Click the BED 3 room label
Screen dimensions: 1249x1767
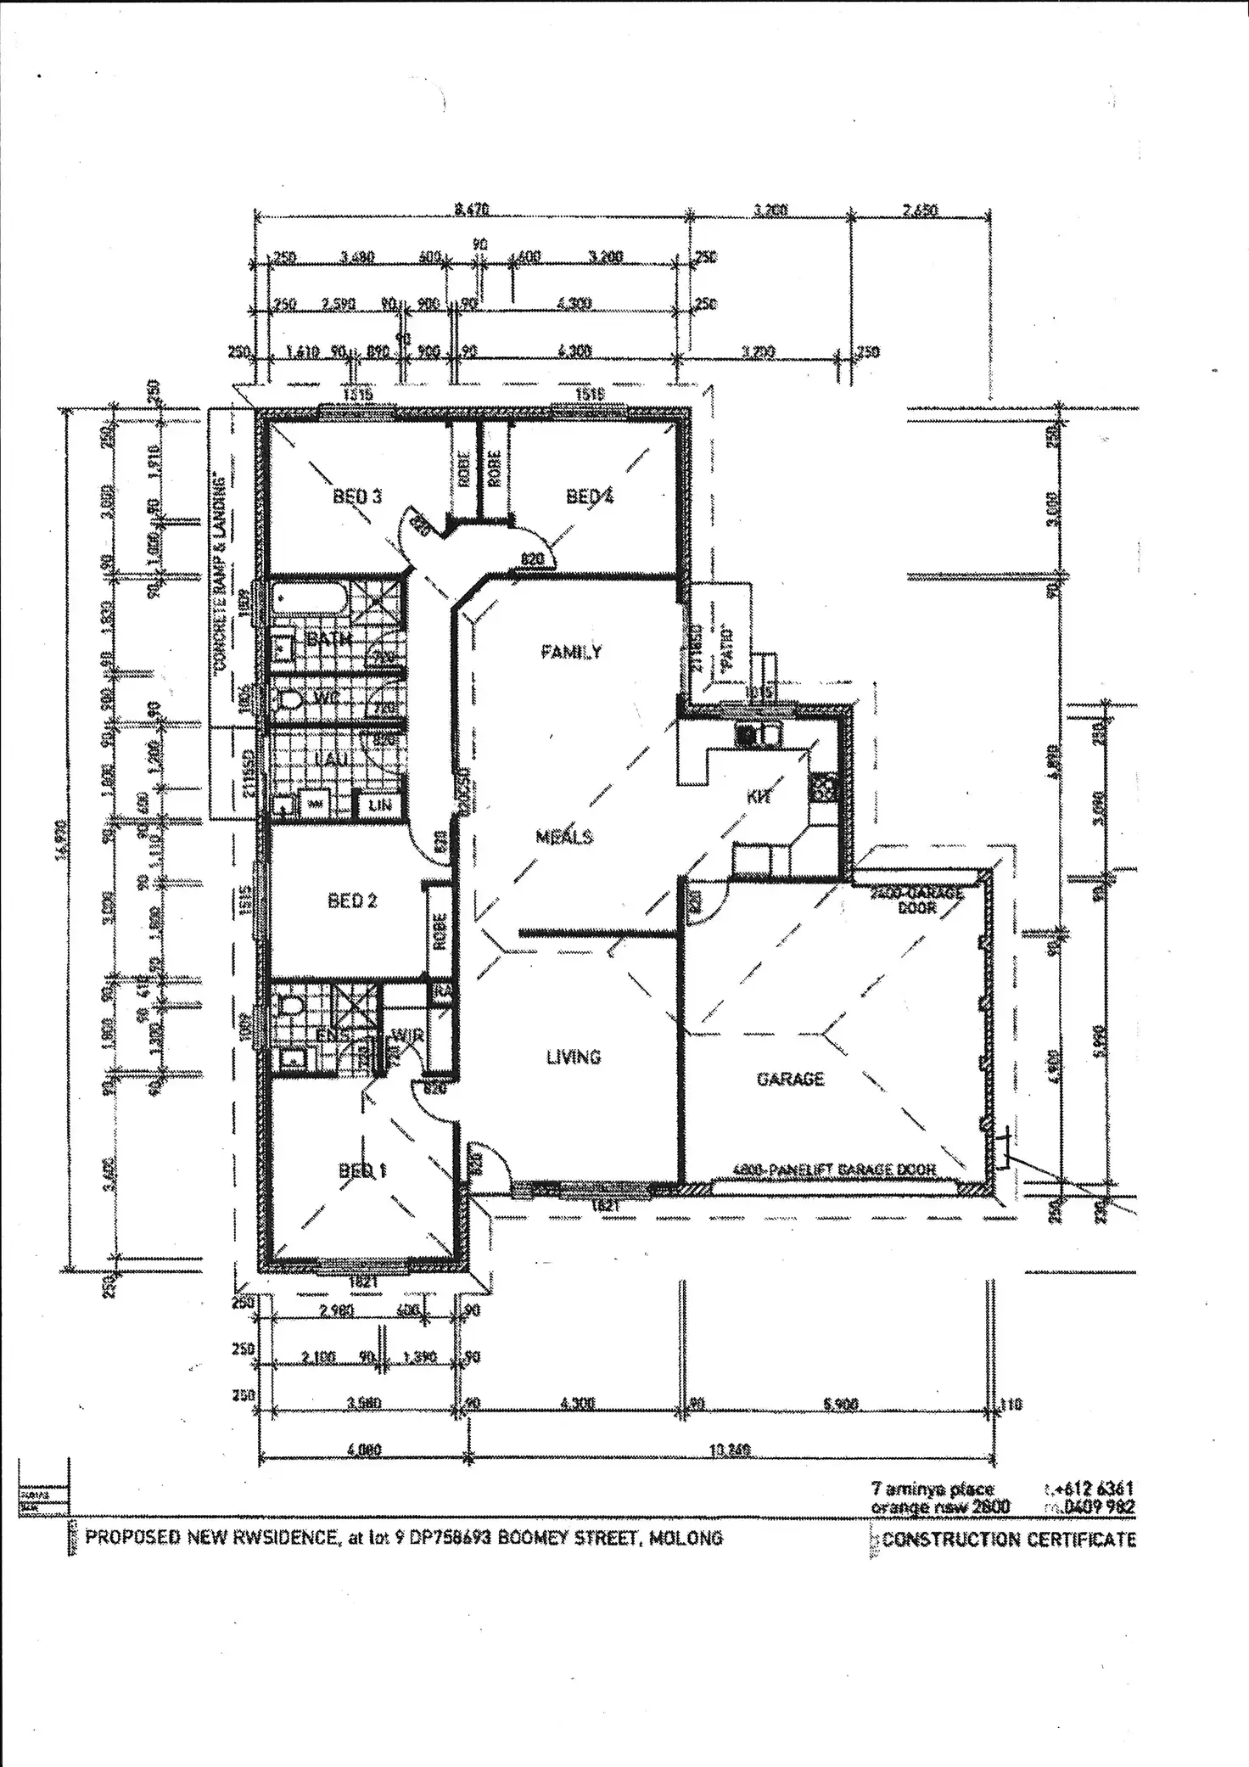[357, 496]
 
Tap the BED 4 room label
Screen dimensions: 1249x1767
[590, 496]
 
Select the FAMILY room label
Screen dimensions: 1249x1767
[572, 652]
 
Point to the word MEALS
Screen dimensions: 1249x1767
[564, 837]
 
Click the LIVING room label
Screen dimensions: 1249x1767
[574, 1057]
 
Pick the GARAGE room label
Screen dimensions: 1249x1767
[790, 1079]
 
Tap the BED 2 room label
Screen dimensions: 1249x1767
[352, 900]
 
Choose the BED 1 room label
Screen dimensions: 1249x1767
[362, 1171]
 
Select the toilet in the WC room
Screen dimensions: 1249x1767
[291, 700]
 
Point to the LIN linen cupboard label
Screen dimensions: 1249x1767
[379, 804]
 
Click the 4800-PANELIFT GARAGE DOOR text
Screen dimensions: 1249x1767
[833, 1170]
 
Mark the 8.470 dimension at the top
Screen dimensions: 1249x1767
[472, 210]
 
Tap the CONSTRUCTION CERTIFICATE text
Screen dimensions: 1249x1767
[1009, 1540]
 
